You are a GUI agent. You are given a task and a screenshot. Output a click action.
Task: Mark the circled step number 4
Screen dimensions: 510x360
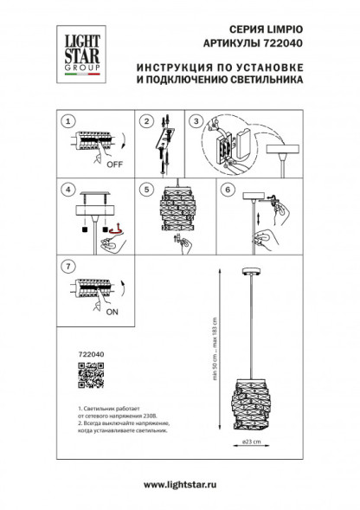click(x=69, y=188)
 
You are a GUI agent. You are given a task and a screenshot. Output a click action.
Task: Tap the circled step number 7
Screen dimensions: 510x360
click(x=69, y=262)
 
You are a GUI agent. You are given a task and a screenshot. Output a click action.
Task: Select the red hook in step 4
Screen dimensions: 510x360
click(x=112, y=229)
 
